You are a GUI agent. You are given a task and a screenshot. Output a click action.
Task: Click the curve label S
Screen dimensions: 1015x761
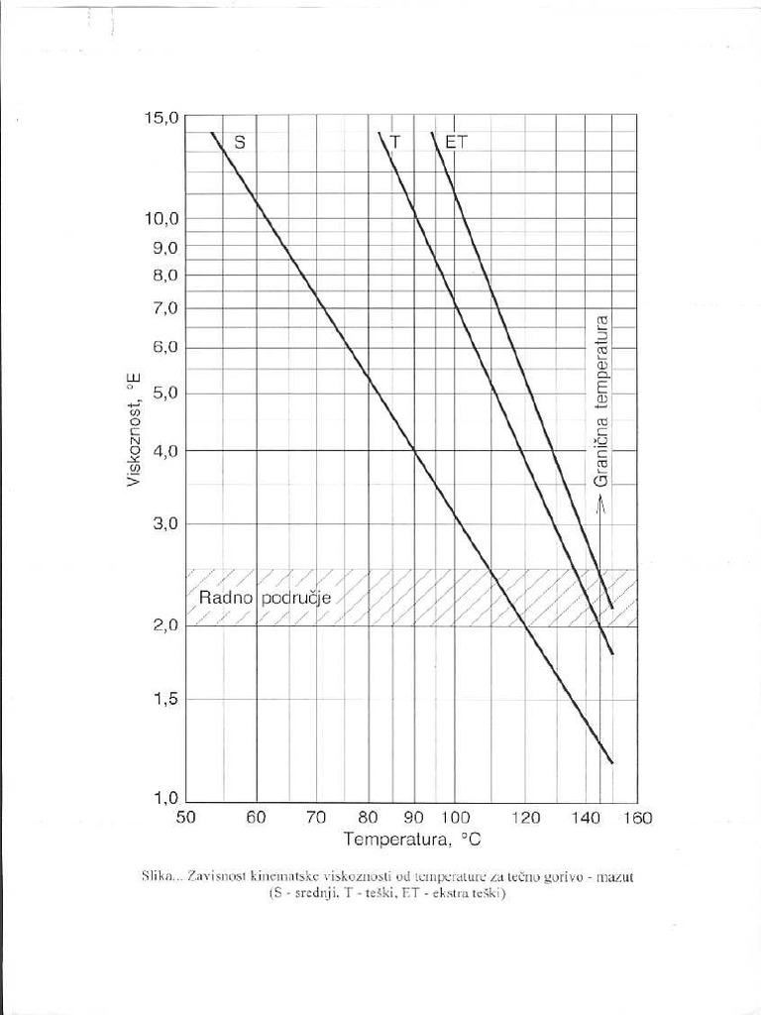pyautogui.click(x=239, y=142)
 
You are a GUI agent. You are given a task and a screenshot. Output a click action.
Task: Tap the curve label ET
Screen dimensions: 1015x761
pyautogui.click(x=456, y=142)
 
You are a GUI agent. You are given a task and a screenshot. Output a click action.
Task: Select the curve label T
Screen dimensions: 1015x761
pyautogui.click(x=395, y=142)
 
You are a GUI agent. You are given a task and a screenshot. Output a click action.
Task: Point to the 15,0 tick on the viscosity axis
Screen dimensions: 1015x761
pyautogui.click(x=162, y=117)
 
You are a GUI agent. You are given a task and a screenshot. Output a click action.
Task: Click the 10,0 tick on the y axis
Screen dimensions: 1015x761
pyautogui.click(x=162, y=218)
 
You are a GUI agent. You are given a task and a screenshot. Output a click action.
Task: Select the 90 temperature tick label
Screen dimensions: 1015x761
pyautogui.click(x=414, y=818)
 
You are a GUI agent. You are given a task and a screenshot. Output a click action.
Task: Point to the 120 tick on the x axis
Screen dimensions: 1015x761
pyautogui.click(x=526, y=818)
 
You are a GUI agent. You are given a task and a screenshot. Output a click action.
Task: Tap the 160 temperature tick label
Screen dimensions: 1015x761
pyautogui.click(x=637, y=818)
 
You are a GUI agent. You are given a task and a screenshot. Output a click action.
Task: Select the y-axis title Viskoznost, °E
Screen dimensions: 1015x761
pyautogui.click(x=134, y=429)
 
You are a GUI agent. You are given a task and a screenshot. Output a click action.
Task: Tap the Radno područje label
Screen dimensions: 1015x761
pyautogui.click(x=264, y=598)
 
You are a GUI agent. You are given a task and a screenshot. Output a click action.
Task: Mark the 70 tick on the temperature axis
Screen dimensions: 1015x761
pyautogui.click(x=316, y=818)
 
